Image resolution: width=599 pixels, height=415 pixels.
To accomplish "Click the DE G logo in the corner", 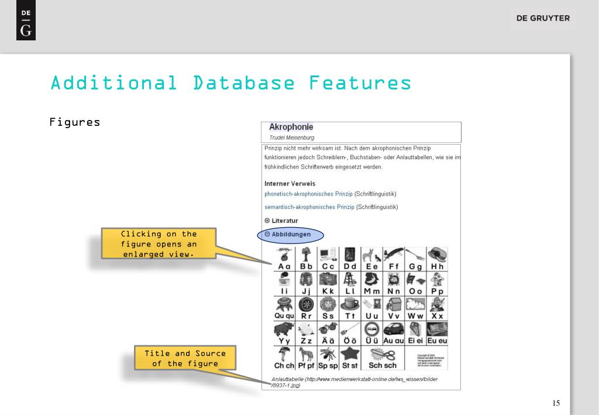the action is [26, 23].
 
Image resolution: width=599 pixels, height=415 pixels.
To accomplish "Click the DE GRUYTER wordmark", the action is [542, 18].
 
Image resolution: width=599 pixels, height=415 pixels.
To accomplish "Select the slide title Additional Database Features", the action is [230, 83].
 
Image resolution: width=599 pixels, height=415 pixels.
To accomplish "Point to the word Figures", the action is [74, 122].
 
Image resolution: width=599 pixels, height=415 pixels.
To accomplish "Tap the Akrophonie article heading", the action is [291, 127].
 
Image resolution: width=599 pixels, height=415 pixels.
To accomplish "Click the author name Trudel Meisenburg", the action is [291, 138].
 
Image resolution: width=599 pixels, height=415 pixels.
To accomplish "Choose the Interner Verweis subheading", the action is [290, 184].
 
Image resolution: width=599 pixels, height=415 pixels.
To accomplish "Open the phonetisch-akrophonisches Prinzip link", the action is [308, 194].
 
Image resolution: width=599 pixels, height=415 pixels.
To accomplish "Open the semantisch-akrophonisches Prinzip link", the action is [309, 207].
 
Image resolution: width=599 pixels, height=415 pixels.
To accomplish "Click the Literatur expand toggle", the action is [267, 221].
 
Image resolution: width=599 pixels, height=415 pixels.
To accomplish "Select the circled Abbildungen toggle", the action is [291, 234].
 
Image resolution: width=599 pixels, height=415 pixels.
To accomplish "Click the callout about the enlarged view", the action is [159, 243].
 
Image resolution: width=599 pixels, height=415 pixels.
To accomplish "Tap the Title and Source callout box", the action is [185, 358].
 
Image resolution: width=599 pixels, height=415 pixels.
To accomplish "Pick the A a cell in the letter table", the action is [284, 259].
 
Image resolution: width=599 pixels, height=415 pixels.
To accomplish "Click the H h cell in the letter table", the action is [437, 259].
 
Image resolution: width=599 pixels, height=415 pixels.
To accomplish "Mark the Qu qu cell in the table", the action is [284, 308].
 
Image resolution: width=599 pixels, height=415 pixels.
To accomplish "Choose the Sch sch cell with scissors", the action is [382, 358].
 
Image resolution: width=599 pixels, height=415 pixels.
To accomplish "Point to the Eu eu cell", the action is [437, 333].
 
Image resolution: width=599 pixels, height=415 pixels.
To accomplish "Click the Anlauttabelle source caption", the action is [354, 382].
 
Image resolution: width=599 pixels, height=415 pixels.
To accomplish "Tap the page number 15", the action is [556, 403].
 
